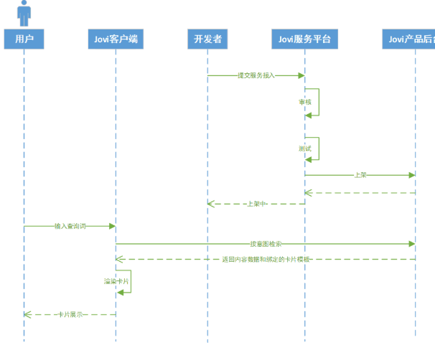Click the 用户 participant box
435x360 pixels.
[x=24, y=39]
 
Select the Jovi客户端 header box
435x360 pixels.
[x=116, y=39]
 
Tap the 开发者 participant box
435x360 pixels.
[x=207, y=39]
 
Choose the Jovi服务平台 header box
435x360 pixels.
[x=304, y=39]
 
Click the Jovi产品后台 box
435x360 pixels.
[x=409, y=39]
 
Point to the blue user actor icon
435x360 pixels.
[x=24, y=13]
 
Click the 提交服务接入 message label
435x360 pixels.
[x=256, y=75]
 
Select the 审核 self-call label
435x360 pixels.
[x=305, y=102]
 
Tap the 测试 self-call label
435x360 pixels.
[x=305, y=148]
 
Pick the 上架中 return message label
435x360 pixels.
[x=256, y=204]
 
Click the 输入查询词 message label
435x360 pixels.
[x=70, y=226]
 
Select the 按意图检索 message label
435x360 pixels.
[x=266, y=245]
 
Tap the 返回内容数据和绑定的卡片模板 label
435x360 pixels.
[x=266, y=259]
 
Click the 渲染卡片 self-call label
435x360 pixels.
[x=116, y=282]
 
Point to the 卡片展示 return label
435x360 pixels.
[x=70, y=314]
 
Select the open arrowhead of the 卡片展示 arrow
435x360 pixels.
[x=27, y=314]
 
